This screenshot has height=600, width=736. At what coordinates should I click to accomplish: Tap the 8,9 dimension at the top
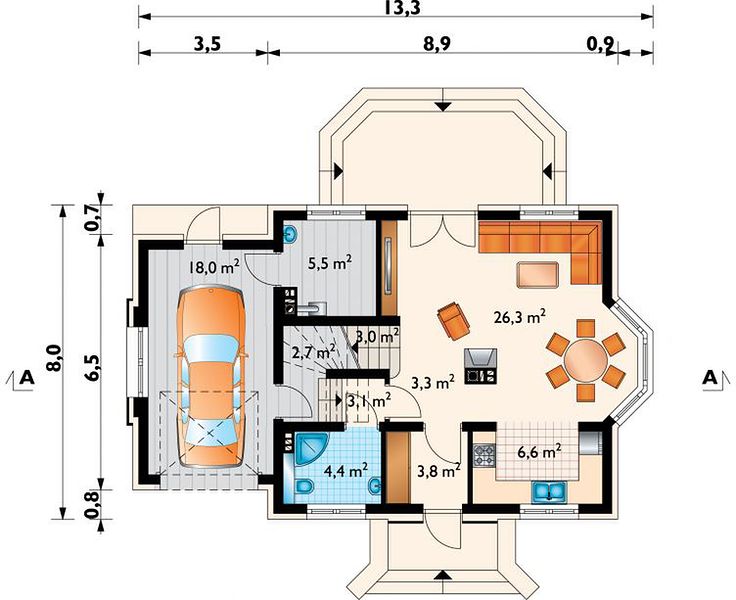[x=437, y=44]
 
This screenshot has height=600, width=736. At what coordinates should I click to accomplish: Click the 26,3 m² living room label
[x=519, y=316]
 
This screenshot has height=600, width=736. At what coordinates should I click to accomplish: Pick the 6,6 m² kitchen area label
[x=539, y=452]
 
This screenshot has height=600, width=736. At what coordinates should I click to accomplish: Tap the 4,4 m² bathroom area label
[x=346, y=469]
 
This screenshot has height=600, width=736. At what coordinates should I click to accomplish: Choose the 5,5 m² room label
[x=330, y=263]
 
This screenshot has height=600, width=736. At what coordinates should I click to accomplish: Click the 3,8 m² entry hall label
[x=438, y=470]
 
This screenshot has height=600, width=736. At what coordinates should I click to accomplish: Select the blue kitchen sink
[x=549, y=492]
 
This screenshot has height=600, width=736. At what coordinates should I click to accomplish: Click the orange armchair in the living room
[x=453, y=321]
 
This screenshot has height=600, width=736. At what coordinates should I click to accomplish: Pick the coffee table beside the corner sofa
[x=537, y=274]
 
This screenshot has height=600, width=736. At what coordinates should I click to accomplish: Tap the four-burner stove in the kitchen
[x=484, y=455]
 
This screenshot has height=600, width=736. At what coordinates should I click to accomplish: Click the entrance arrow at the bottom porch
[x=443, y=576]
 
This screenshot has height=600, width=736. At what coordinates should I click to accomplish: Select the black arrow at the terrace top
[x=443, y=106]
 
